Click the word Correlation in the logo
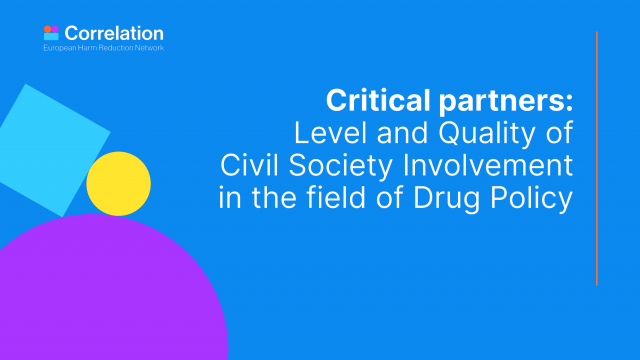tap(114, 33)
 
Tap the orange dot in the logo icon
tap(47, 29)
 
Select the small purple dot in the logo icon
tap(55, 29)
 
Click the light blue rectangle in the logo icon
tap(51, 36)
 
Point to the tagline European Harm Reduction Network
tap(104, 48)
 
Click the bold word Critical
tap(378, 100)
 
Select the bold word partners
tap(502, 102)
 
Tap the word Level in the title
tap(331, 133)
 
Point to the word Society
tap(340, 167)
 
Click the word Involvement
tap(488, 165)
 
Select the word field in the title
tap(336, 197)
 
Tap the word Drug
tap(447, 199)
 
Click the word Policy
tap(532, 199)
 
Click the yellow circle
tap(118, 184)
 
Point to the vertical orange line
tap(597, 158)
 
